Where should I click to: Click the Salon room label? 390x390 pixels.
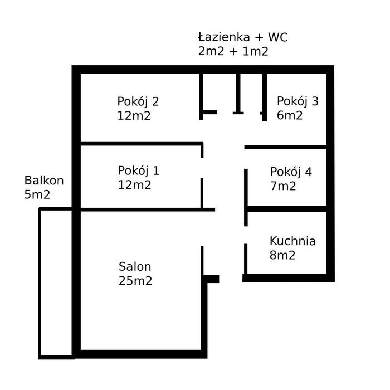click(135, 267)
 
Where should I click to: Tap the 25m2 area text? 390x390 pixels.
click(135, 281)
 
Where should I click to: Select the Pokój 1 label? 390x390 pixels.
click(139, 171)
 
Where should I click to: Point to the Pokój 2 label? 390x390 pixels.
click(138, 102)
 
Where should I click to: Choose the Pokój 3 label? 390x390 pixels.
click(298, 102)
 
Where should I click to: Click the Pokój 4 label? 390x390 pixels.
click(291, 172)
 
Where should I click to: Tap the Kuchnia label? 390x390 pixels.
click(292, 241)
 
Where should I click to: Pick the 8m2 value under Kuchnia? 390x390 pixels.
click(282, 255)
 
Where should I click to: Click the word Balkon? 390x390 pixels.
click(44, 181)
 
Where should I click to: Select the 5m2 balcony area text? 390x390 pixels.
click(37, 194)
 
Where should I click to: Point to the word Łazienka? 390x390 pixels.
click(224, 37)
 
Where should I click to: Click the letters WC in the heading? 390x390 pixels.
click(278, 37)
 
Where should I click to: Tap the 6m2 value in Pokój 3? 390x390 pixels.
click(290, 116)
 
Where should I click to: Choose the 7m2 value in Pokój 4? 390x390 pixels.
click(283, 186)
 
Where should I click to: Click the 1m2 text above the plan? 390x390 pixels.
click(255, 51)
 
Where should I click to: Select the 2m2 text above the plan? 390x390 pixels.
click(211, 51)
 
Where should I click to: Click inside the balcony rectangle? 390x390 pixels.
click(56, 283)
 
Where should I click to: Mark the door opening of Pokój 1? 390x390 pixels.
click(202, 168)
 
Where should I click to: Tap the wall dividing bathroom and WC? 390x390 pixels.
click(238, 93)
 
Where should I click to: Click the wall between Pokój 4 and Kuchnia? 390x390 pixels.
click(287, 209)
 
